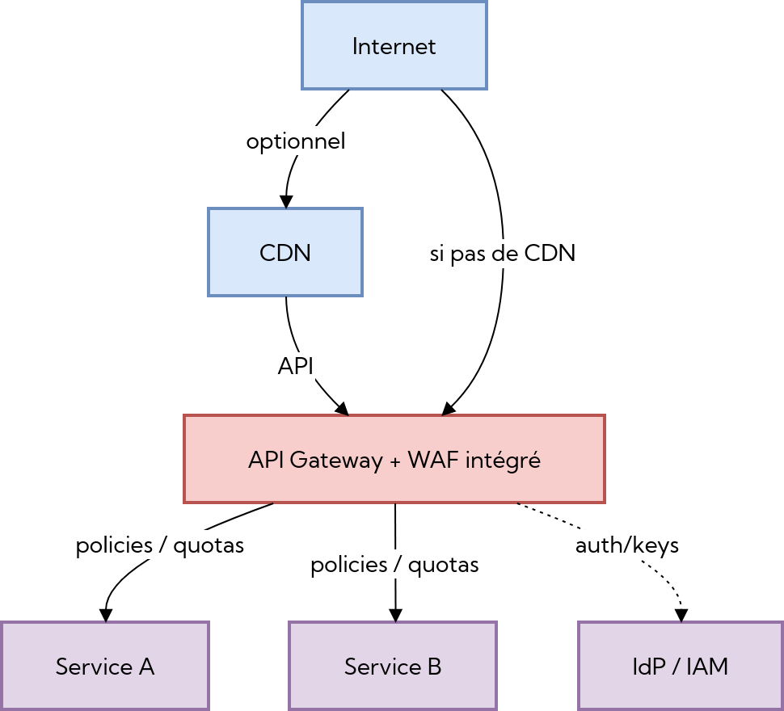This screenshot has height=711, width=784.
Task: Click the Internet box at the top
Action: point(394,45)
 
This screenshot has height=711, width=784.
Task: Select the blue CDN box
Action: point(285,252)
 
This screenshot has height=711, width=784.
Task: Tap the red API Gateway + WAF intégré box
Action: point(394,459)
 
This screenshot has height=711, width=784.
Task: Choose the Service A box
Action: point(105,666)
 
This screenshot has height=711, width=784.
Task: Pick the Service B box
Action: point(393,666)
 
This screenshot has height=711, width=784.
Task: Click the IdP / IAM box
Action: point(681,666)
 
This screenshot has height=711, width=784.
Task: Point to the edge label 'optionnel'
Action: point(296,141)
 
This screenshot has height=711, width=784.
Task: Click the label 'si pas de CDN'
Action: point(503,254)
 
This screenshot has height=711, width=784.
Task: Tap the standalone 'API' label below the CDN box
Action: point(296,366)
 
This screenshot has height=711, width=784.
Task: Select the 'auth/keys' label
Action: point(627,545)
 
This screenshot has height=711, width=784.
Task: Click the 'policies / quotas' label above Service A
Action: point(160,545)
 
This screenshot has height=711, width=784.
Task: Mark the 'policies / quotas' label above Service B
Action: point(395,564)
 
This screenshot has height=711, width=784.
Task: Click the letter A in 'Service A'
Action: point(146,667)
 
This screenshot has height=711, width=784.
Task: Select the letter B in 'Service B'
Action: point(434,667)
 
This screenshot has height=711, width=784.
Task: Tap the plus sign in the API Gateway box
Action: point(395,461)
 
